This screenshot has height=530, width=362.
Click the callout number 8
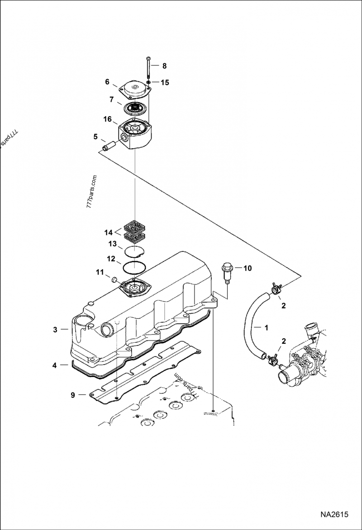[x=164, y=66]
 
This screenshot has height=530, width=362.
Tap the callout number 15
[x=165, y=82]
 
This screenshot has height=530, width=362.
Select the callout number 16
[x=107, y=119]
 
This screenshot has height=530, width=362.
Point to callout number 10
[x=248, y=268]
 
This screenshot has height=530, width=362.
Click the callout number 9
[x=72, y=395]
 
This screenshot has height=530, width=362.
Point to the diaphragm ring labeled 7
[x=134, y=109]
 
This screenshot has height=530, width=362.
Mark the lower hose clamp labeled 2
[x=273, y=360]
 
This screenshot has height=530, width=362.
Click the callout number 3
[x=55, y=330]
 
